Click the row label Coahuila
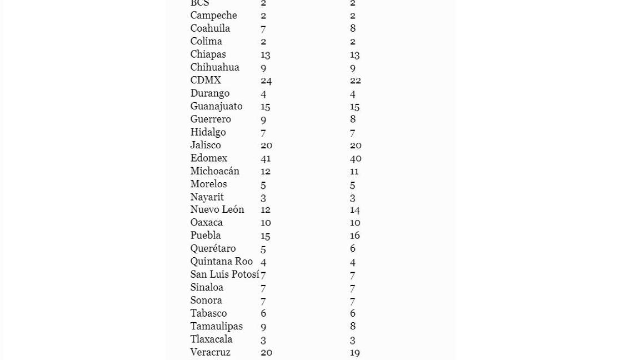point(210,28)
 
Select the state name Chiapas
point(208,54)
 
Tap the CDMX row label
point(206,80)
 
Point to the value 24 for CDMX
point(266,80)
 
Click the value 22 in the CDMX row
point(356,80)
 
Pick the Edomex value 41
point(266,158)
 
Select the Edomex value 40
point(356,158)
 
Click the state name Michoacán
point(214,171)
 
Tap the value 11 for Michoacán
point(354,171)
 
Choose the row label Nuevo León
point(217,209)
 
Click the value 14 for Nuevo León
point(355,209)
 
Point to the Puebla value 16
point(355,236)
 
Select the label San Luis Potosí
point(224,274)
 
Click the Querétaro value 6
point(353,248)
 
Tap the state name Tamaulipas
point(216,326)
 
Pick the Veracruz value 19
point(355,352)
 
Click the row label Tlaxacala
point(211,339)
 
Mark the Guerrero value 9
point(263,119)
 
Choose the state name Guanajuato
point(216,106)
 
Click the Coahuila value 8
point(353,28)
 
